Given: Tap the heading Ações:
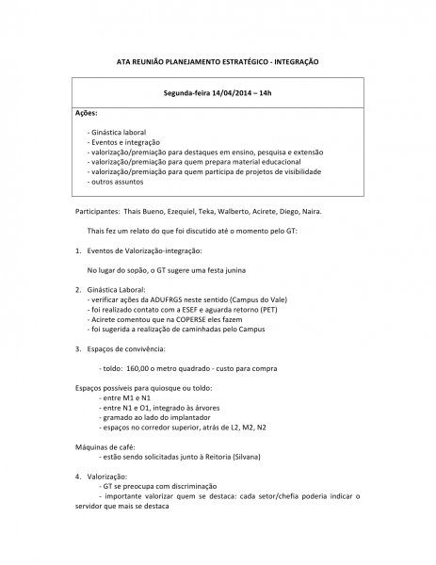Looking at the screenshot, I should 88,113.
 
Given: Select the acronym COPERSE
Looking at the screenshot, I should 214,319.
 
